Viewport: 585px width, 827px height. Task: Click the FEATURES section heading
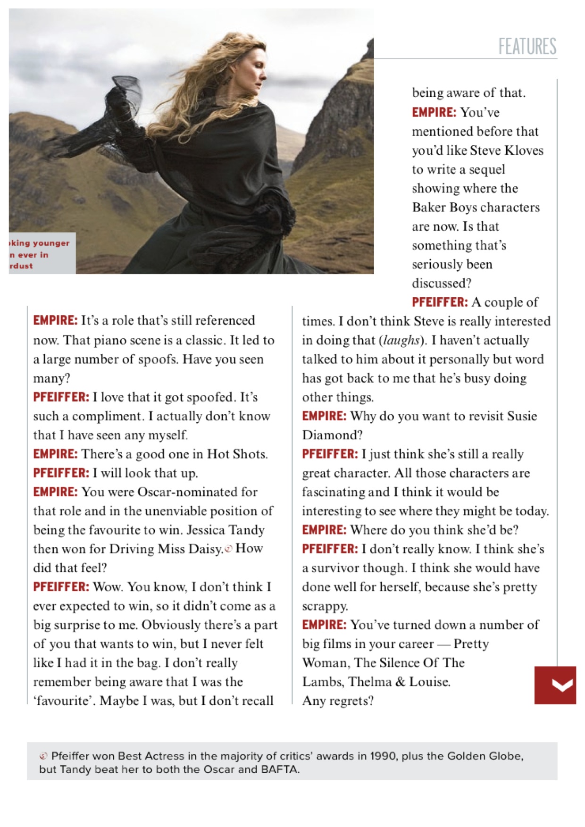pos(527,46)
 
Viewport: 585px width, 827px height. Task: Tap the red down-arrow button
pos(555,685)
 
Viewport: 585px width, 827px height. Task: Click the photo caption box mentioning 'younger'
pos(42,254)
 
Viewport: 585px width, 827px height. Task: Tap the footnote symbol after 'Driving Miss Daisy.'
pos(229,549)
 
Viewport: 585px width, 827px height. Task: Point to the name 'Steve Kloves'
pos(507,150)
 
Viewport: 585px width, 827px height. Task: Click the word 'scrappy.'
pos(325,606)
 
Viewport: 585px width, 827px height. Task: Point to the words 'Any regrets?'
pos(338,701)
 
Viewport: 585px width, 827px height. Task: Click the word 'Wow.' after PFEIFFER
pos(108,587)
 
